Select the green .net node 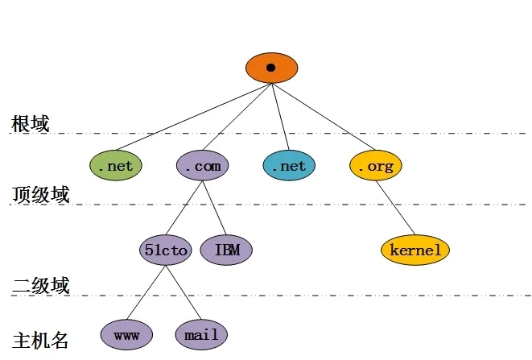coord(116,166)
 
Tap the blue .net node coord(289,166)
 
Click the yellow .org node coord(376,166)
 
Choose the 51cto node coord(166,250)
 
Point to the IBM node coord(227,250)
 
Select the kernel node coord(415,250)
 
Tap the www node coord(127,333)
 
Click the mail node coord(201,333)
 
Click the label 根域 coord(31,123)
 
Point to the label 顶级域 coord(40,194)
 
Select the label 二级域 coord(40,285)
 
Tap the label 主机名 coord(40,340)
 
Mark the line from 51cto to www coord(146,292)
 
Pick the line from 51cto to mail coord(183,292)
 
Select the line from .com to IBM coord(214,208)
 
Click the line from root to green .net coord(193,117)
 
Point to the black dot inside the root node coord(271,68)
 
